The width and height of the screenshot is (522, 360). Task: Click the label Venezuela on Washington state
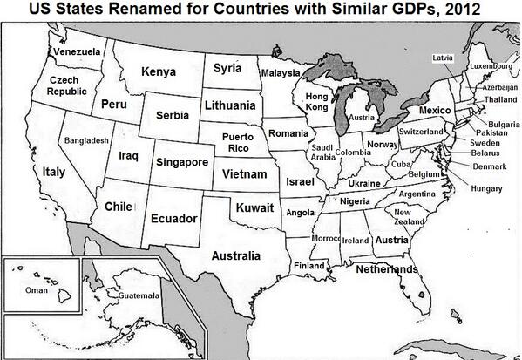[x=76, y=51]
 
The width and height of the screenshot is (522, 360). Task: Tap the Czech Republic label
[x=66, y=85]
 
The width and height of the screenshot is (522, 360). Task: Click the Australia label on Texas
[x=235, y=256]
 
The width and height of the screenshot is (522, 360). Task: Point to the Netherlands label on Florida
[x=386, y=270]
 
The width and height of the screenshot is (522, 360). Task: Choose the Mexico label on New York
[x=434, y=112]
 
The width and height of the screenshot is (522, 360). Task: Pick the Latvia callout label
[x=443, y=58]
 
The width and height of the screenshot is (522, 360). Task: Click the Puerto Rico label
[x=237, y=143]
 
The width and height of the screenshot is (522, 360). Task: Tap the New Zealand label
[x=403, y=217]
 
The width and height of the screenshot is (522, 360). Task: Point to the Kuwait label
[x=254, y=208]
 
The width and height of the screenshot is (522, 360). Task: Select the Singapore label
[x=181, y=162]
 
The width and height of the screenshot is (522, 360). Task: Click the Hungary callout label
[x=485, y=188]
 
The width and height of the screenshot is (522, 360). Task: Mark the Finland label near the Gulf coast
[x=309, y=265]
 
